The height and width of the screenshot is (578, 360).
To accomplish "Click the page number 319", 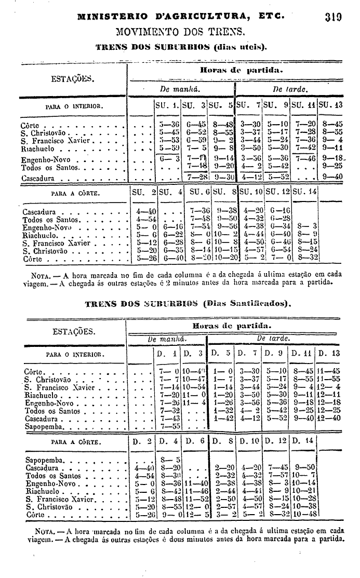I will point(331,16).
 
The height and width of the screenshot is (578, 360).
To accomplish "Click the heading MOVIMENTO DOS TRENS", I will point(180,32).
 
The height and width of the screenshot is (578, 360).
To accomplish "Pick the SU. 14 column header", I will point(304,192).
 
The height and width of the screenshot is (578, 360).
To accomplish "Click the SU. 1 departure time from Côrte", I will point(169,125).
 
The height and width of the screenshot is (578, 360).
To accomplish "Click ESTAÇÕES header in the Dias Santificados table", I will point(72,331).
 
